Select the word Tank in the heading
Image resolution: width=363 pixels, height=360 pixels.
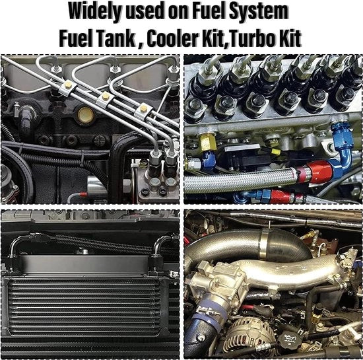(115, 38)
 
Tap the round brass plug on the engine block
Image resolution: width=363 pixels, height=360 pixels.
(86, 115)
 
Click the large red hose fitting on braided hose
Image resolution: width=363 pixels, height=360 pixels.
(320, 172)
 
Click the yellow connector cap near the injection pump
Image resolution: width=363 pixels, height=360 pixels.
(275, 152)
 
